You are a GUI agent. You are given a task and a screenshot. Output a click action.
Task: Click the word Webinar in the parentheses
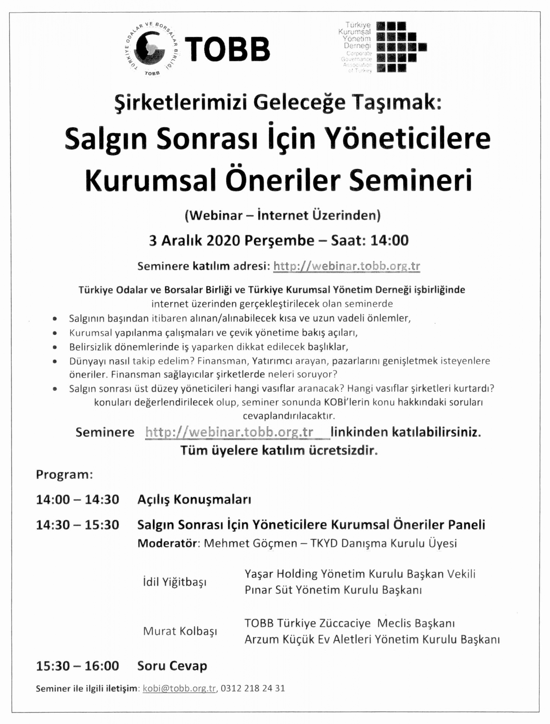click(x=215, y=216)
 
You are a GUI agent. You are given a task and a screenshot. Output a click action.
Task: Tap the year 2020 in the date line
click(x=223, y=241)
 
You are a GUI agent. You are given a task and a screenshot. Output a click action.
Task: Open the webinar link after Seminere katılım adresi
click(x=347, y=266)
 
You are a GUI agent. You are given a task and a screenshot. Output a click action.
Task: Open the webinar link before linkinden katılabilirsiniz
click(x=229, y=432)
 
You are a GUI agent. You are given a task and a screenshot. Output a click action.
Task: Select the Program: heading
click(x=64, y=475)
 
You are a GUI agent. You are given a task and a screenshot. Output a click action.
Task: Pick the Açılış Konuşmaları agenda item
click(x=194, y=500)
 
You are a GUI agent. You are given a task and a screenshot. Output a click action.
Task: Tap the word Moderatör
click(x=167, y=543)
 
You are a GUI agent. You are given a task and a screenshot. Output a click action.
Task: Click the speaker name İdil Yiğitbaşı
click(x=175, y=582)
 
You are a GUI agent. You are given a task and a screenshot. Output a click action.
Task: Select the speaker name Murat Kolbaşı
click(x=180, y=631)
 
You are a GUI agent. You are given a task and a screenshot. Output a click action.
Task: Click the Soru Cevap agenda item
click(x=172, y=666)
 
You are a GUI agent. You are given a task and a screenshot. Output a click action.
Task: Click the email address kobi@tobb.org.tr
click(x=179, y=688)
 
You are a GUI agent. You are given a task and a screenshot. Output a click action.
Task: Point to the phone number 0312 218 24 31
click(x=253, y=688)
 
